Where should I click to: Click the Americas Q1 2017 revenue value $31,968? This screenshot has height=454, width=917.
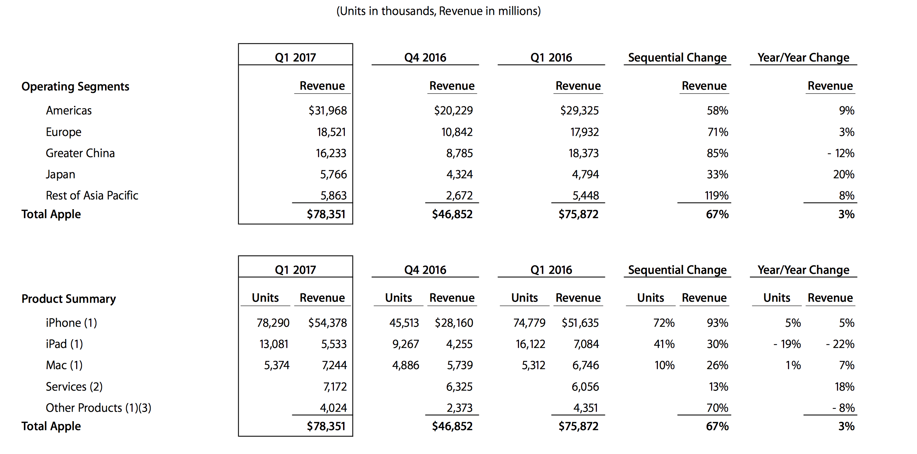pos(328,111)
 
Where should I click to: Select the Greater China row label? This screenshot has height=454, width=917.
pos(80,153)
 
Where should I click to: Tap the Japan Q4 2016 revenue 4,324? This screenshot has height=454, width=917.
pos(460,175)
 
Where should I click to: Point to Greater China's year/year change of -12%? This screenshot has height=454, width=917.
pos(840,153)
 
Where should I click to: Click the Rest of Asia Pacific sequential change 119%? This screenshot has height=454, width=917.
pos(717,195)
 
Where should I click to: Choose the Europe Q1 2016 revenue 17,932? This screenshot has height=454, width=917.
pos(585,132)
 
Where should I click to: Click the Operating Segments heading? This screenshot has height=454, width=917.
pos(75,86)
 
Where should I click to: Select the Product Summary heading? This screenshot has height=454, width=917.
pos(69,299)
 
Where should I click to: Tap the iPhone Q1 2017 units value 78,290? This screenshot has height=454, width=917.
pos(273,323)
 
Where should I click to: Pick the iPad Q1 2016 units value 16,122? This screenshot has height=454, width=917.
pos(530,344)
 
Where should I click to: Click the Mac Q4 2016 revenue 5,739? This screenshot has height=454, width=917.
pos(460,365)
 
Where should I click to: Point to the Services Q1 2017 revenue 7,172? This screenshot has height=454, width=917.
pos(335,387)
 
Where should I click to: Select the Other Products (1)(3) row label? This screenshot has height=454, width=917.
pos(99,408)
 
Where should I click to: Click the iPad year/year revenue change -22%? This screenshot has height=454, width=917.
pos(840,344)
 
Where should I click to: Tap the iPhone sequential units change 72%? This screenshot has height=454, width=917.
pos(664,323)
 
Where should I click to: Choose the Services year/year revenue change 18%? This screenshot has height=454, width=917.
pos(845,387)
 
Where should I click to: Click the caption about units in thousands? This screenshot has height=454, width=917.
pos(439,11)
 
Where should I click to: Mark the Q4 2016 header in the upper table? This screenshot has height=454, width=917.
pos(425,58)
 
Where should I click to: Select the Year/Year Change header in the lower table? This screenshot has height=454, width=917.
pos(803,270)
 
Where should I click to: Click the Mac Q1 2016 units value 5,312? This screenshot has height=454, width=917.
pos(533,365)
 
